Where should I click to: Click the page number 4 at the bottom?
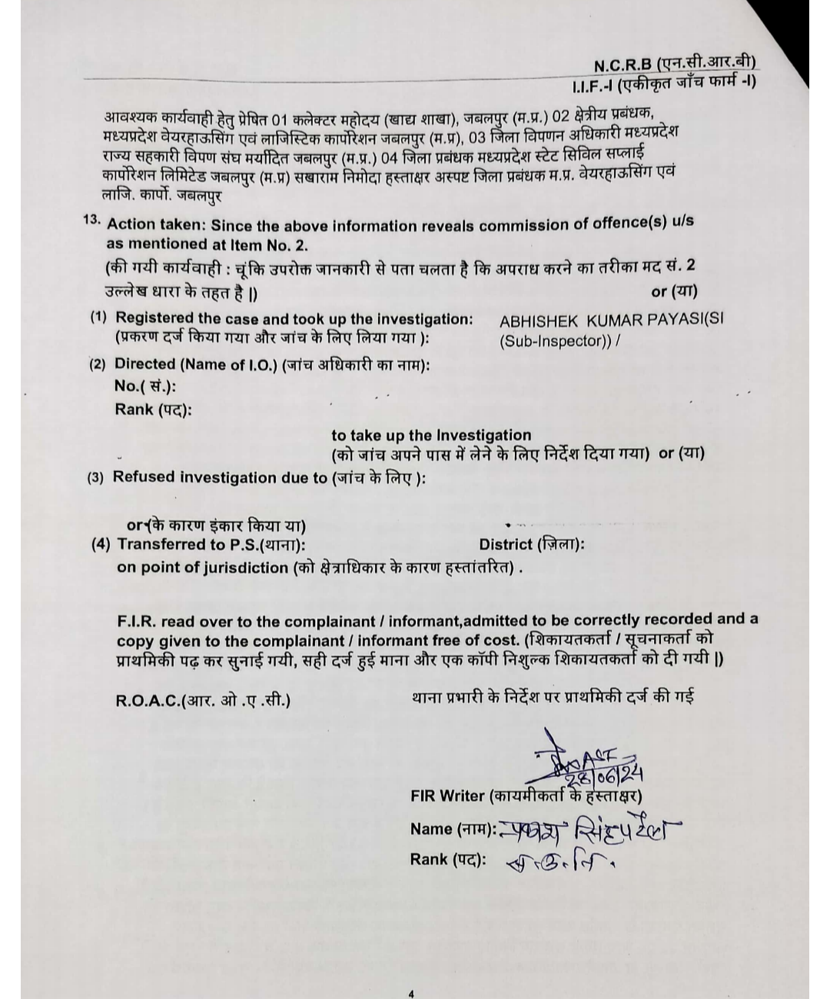coord(411,994)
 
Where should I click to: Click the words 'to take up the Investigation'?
coord(431,436)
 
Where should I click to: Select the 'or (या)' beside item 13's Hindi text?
coord(674,292)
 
